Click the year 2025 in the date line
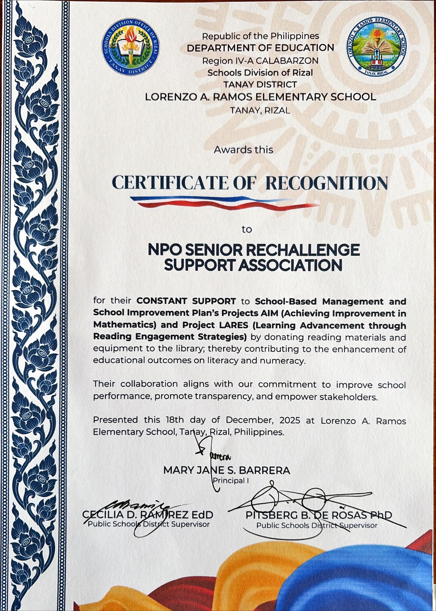(290, 420)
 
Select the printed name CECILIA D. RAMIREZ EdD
(148, 515)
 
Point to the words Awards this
(243, 150)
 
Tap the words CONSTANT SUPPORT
(186, 301)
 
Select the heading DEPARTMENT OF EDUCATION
(260, 48)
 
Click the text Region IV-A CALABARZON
(260, 61)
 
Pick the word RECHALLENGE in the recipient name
(303, 250)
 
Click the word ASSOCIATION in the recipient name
(290, 265)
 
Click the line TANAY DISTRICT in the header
(260, 85)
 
